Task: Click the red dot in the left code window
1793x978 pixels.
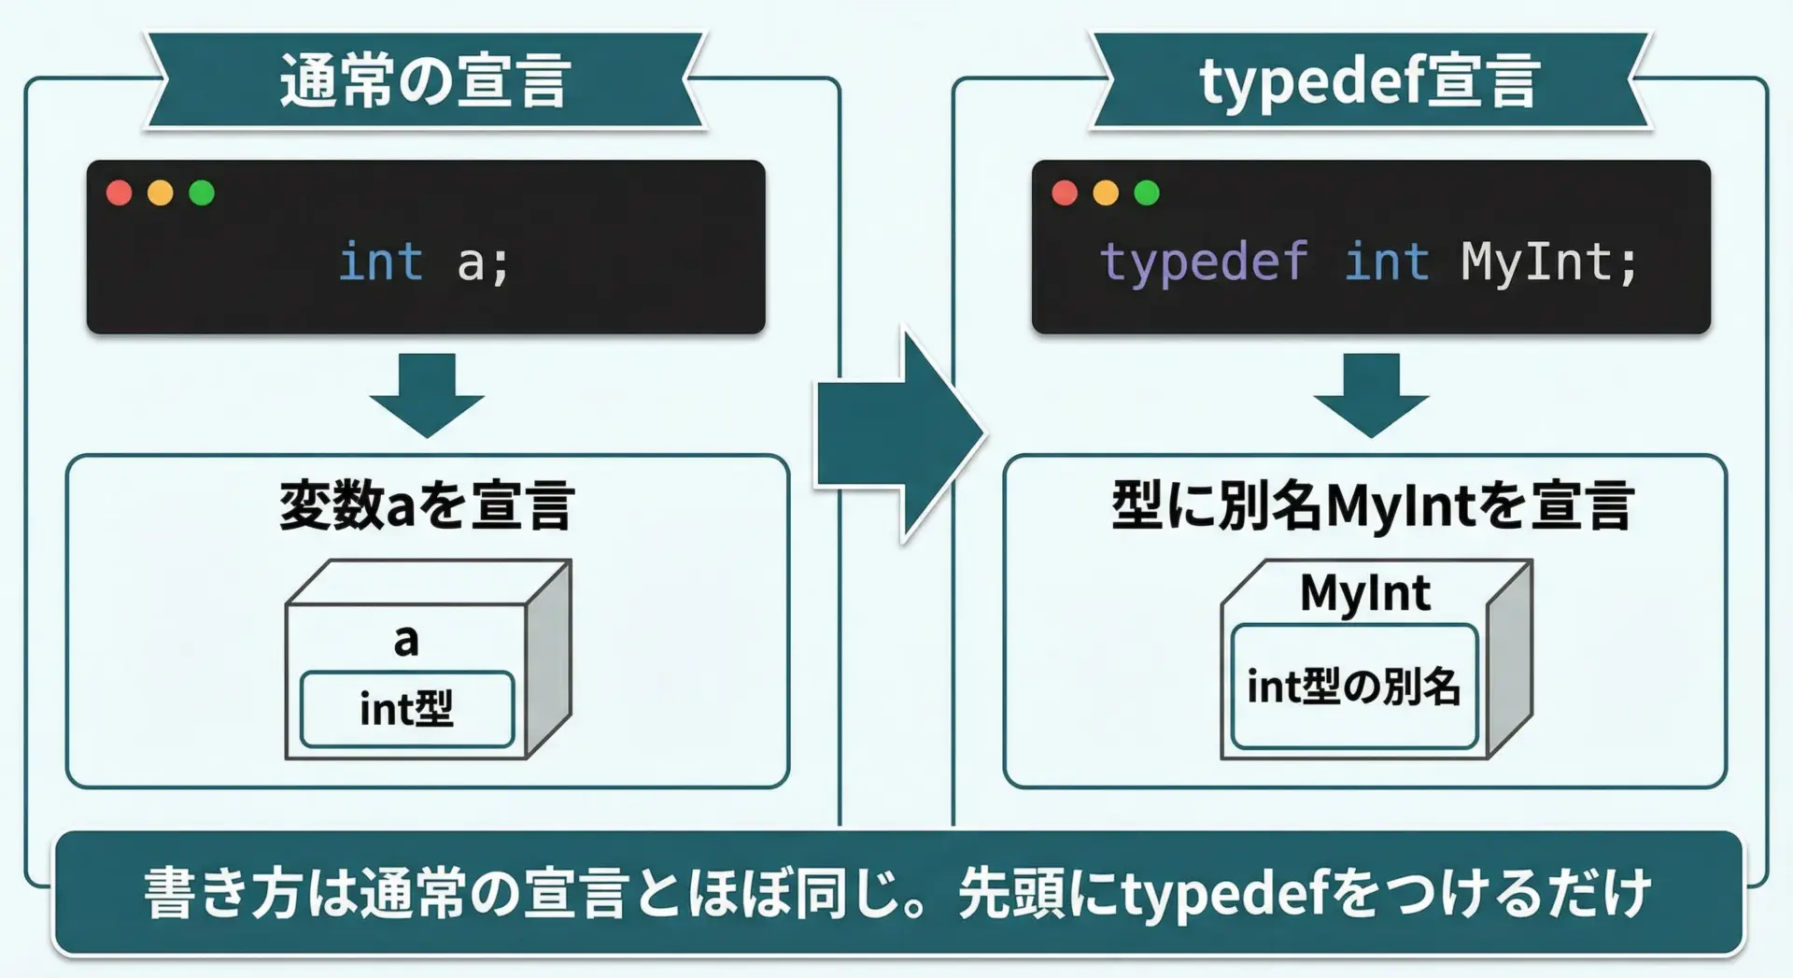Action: tap(120, 192)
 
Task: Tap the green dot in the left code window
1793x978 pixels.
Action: tap(202, 192)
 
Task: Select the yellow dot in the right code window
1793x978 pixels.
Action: tap(1106, 192)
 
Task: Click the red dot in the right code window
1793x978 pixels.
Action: tap(1065, 192)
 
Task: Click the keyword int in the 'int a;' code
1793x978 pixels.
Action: tap(381, 262)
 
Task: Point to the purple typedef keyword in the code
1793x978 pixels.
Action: tap(1205, 262)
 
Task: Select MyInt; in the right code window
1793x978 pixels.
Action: tap(1549, 262)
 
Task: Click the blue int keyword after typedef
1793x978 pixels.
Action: tap(1387, 262)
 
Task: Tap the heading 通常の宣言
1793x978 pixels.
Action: tap(425, 80)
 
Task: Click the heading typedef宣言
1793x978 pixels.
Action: tap(1369, 82)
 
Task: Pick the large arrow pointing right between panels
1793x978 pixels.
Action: tap(899, 434)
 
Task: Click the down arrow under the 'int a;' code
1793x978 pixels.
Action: tap(427, 395)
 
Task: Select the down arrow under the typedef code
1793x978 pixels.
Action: tap(1371, 395)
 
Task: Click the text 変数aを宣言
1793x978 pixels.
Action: tap(427, 505)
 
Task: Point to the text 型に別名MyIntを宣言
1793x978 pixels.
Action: tap(1372, 505)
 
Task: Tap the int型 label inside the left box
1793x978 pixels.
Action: tap(406, 709)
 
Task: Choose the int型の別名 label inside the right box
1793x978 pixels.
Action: tap(1353, 687)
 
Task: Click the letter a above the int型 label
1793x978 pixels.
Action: tap(406, 641)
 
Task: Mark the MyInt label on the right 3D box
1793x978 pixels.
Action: tap(1365, 593)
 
